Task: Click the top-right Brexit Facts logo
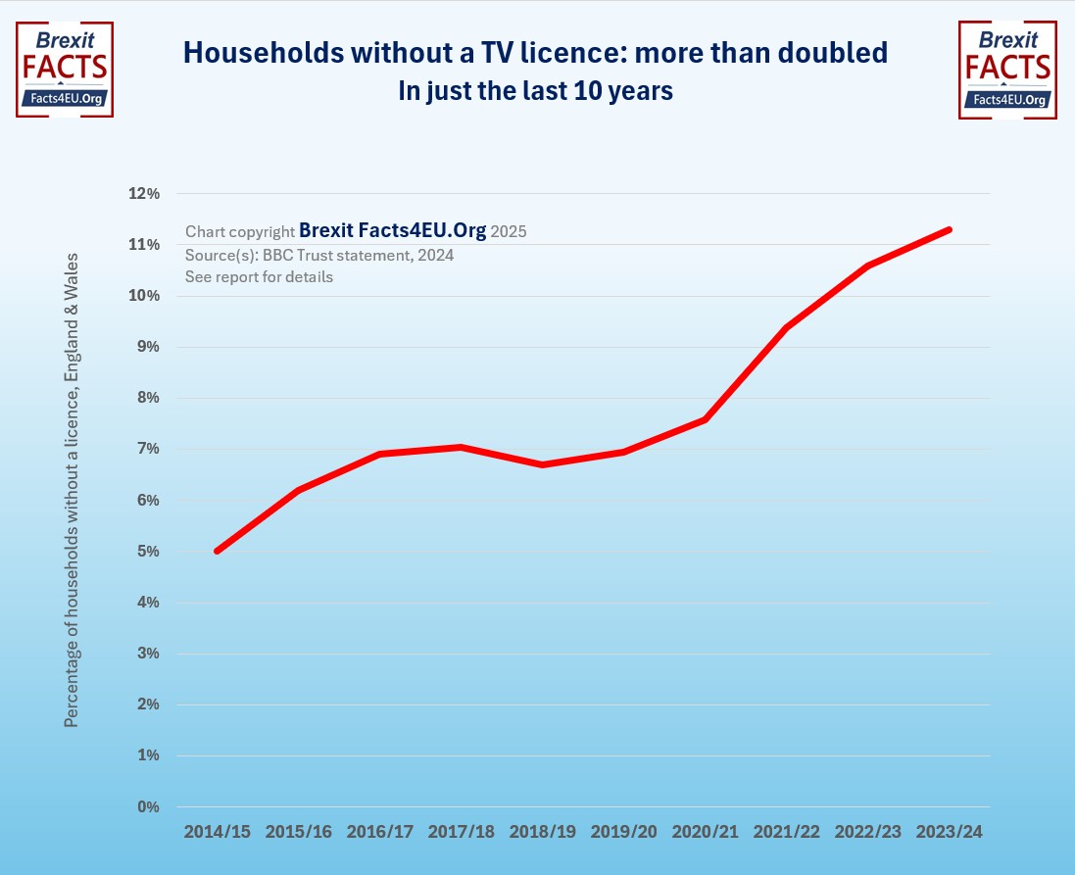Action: tap(1006, 69)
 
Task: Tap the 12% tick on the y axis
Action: tap(144, 194)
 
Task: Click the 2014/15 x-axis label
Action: tap(217, 832)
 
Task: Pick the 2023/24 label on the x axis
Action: tap(949, 832)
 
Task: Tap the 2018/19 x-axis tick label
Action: tap(542, 832)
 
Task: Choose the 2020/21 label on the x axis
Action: tap(705, 832)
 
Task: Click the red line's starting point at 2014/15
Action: tap(217, 551)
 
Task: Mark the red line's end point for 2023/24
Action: tap(949, 229)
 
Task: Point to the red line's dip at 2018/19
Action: tap(542, 464)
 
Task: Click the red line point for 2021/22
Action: tap(786, 327)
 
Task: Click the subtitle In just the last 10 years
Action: tap(535, 91)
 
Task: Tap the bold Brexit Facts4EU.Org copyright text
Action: tap(392, 231)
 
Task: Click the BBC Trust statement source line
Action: tap(319, 255)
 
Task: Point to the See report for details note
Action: tap(259, 276)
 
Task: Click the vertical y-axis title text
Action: tap(71, 490)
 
